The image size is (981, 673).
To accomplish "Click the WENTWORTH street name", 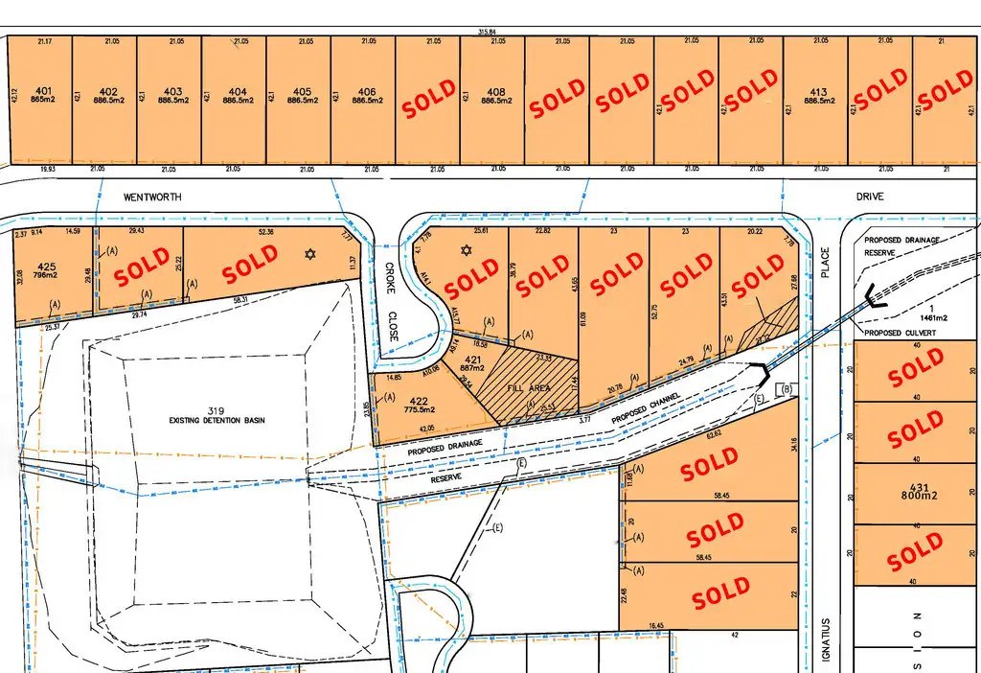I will (x=152, y=196).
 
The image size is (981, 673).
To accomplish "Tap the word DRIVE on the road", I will (x=871, y=196).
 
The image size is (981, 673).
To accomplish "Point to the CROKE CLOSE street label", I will (x=390, y=302).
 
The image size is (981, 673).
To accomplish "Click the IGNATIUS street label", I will (x=822, y=636).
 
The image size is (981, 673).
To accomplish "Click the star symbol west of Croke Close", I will (x=308, y=254).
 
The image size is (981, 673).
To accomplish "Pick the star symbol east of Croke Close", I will (x=467, y=251).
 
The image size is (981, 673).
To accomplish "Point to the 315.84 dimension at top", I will (x=493, y=33).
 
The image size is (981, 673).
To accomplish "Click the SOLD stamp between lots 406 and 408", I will (x=428, y=100).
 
